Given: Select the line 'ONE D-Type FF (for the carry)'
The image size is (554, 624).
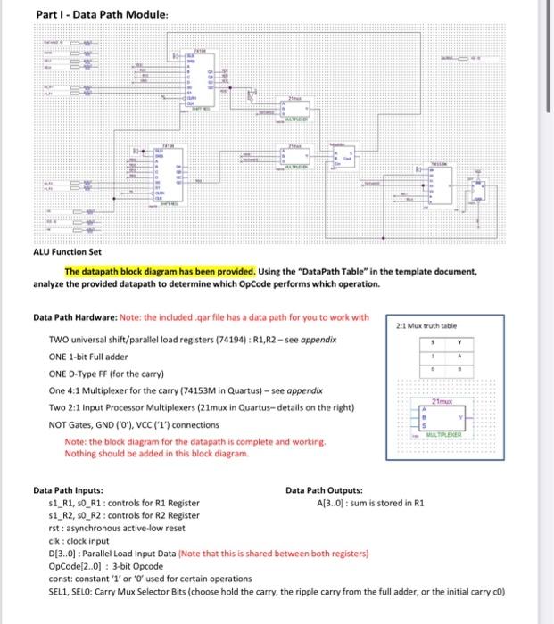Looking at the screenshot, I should pyautogui.click(x=114, y=374).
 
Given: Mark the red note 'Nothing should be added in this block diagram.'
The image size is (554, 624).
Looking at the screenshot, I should pyautogui.click(x=155, y=453).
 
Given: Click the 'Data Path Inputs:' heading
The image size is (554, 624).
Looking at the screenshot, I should pyautogui.click(x=68, y=490).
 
